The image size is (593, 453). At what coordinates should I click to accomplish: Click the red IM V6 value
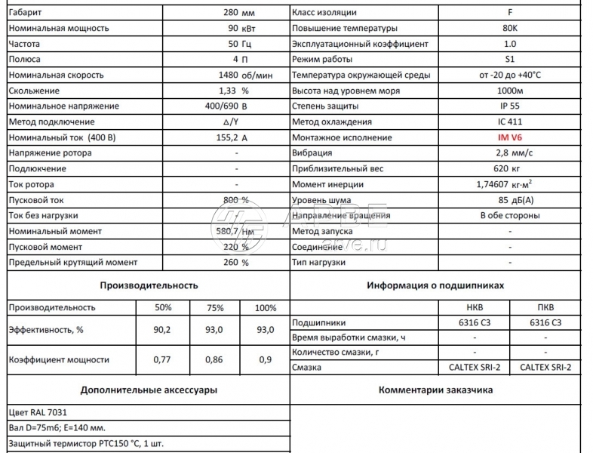(x=510, y=137)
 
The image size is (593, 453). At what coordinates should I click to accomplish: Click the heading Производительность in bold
(x=149, y=285)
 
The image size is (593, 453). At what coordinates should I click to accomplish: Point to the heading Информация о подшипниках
(x=435, y=285)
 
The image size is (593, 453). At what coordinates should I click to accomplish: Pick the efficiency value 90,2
(x=162, y=330)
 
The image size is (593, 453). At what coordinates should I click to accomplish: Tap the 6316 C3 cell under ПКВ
(x=546, y=322)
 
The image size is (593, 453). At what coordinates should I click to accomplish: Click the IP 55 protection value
(x=510, y=106)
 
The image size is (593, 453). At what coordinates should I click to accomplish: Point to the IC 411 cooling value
(x=510, y=122)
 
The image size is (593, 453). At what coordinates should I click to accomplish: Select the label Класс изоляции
(x=324, y=12)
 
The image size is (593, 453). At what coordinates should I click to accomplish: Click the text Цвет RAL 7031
(x=38, y=413)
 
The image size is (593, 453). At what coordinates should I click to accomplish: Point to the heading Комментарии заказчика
(x=435, y=390)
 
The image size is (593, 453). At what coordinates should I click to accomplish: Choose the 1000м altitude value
(x=510, y=91)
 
